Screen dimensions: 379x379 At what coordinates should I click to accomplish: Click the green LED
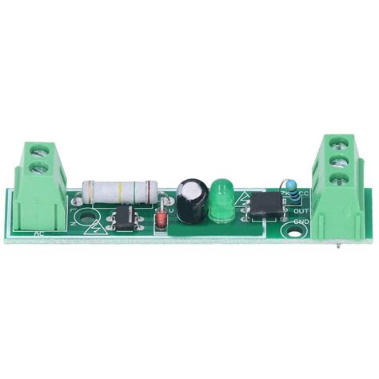[221, 199]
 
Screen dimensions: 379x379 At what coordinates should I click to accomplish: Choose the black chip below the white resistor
[122, 216]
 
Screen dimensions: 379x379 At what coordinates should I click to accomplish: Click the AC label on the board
[40, 233]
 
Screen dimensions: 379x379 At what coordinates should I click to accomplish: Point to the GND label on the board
[301, 221]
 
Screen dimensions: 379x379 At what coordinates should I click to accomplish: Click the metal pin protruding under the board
[341, 245]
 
